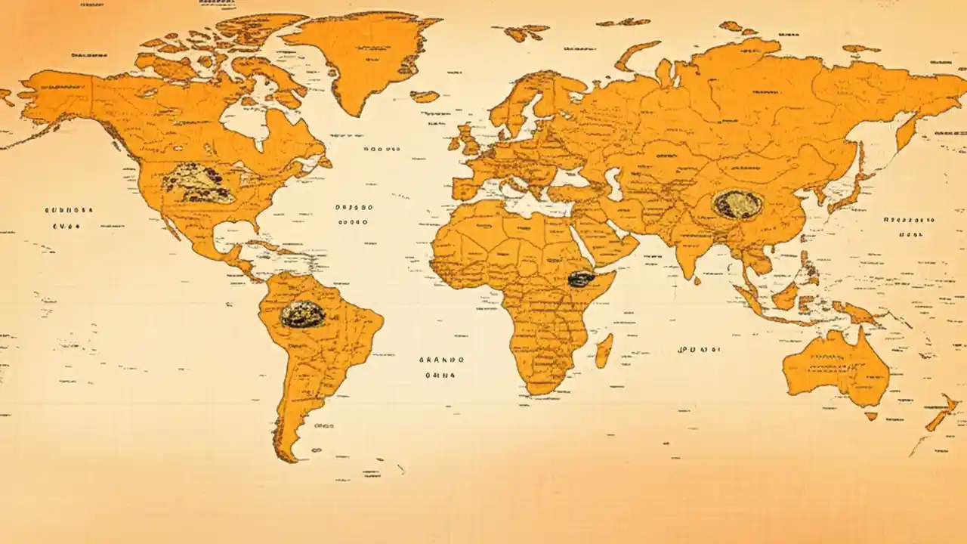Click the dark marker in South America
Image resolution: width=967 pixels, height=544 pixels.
(303, 314)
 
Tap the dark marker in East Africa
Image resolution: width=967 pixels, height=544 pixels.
(581, 279)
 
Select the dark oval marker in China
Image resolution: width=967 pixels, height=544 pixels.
(735, 204)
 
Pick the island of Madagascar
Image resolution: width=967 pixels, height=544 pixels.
(604, 351)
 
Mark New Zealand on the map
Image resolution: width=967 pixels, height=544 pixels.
(941, 414)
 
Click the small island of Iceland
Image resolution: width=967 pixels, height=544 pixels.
(425, 96)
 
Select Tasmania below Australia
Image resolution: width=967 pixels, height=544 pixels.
(871, 416)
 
